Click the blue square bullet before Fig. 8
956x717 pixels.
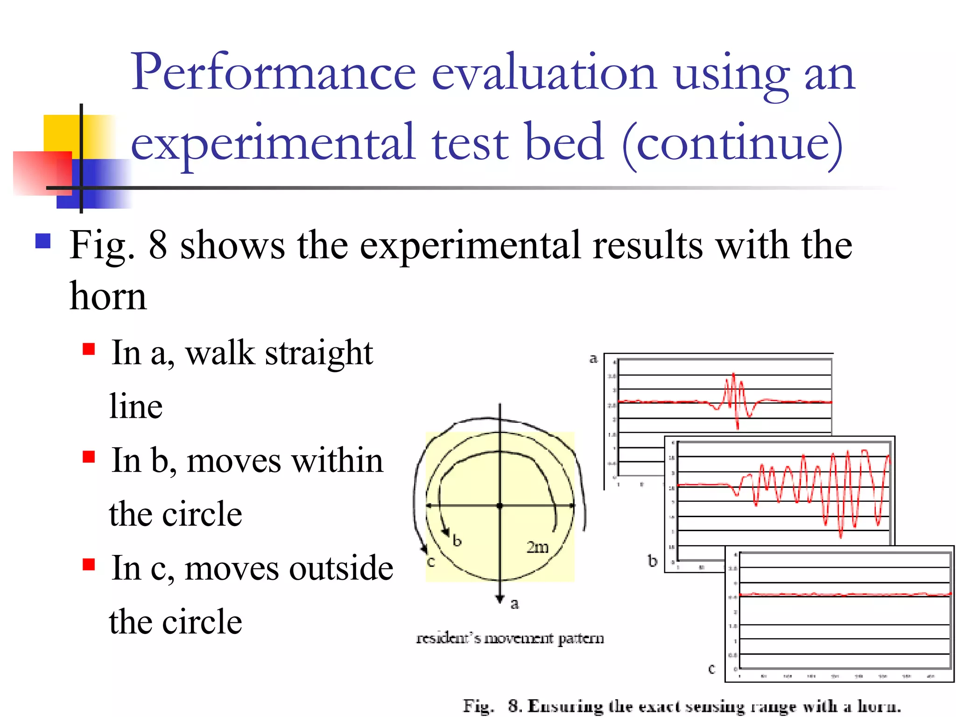[43, 241]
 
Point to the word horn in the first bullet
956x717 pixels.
[108, 297]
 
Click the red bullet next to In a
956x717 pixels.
[89, 349]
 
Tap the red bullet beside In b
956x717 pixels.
[89, 457]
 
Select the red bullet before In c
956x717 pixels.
[89, 564]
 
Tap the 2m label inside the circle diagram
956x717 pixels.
[537, 547]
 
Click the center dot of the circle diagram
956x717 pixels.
[500, 506]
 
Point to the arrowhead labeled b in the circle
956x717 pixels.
[446, 532]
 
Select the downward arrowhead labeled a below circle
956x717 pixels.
[500, 599]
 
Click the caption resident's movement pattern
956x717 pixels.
[510, 638]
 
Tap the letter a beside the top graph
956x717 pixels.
[593, 358]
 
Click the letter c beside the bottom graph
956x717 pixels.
[711, 669]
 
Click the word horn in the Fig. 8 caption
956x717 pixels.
[878, 706]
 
